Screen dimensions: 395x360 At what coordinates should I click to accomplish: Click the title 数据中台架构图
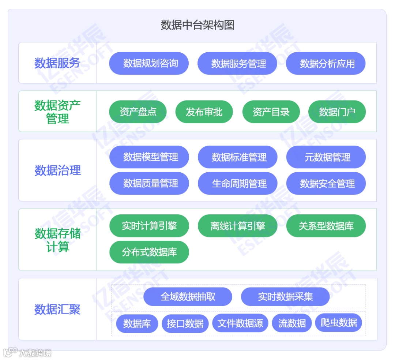tap(197, 25)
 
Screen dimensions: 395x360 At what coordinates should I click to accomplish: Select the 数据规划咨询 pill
tap(149, 63)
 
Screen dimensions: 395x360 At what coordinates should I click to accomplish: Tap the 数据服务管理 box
tap(237, 63)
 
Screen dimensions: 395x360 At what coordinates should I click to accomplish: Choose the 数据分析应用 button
tap(326, 63)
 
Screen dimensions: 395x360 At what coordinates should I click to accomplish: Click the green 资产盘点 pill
tap(138, 112)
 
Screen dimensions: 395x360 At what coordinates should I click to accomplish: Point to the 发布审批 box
tap(204, 112)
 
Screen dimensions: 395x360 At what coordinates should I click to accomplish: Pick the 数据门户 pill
tap(337, 112)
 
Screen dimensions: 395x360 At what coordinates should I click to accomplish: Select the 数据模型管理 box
tap(149, 157)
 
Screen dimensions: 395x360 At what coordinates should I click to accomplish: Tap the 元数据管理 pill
tap(326, 157)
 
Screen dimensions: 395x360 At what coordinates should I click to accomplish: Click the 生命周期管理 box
tap(238, 183)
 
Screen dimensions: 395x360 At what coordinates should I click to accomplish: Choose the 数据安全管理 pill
tap(326, 183)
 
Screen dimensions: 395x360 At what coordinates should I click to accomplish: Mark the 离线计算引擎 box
tap(238, 226)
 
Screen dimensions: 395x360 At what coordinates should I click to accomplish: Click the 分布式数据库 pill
tap(149, 252)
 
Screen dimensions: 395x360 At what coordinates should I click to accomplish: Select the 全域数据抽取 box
tap(188, 296)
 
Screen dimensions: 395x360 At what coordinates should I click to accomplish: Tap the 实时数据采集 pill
tap(285, 296)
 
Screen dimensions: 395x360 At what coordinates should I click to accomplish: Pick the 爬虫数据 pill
tap(339, 323)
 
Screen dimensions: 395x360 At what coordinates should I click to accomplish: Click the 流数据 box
tap(292, 323)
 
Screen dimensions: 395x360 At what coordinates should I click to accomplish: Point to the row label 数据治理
tap(57, 170)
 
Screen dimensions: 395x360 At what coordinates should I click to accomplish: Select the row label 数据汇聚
tap(57, 309)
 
